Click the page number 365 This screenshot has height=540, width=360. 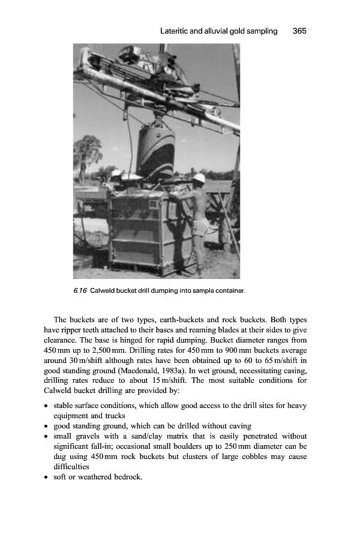click(299, 31)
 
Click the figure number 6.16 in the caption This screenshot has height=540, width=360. click(79, 291)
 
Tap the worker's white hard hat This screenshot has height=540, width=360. click(199, 178)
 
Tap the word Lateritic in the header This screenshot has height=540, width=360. click(179, 31)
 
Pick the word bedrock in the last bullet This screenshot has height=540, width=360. click(129, 477)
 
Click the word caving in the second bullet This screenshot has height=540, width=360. click(236, 426)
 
